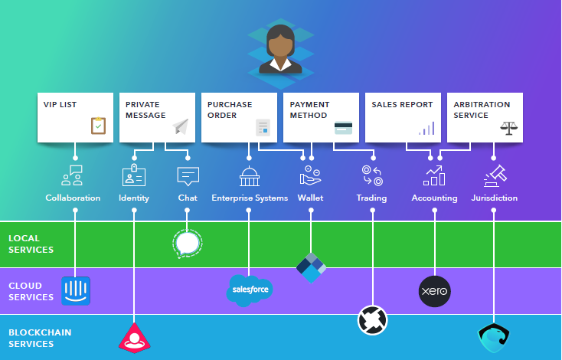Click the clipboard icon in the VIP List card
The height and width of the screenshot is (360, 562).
98,126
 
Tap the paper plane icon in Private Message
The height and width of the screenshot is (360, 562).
181,126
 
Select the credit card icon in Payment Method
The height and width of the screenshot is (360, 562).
343,128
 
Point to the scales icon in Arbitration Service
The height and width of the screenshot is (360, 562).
509,128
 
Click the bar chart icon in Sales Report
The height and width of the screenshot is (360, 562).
426,128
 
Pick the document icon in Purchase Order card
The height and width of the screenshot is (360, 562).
263,127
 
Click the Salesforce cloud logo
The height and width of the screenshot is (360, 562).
250,290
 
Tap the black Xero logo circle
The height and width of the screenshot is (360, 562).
434,291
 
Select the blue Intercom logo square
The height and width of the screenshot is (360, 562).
76,291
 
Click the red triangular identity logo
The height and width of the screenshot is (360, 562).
135,338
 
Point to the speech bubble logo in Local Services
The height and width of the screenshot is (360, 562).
187,244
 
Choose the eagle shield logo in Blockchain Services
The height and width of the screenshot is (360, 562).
494,338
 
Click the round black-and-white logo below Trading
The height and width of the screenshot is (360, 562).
372,320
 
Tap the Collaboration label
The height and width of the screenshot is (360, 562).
73,198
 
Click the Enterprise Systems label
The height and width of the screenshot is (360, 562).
250,198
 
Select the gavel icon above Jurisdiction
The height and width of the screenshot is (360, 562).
495,175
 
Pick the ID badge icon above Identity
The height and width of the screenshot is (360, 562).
134,175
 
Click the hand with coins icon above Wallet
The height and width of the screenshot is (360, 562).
310,175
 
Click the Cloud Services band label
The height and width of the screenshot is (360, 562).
31,292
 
